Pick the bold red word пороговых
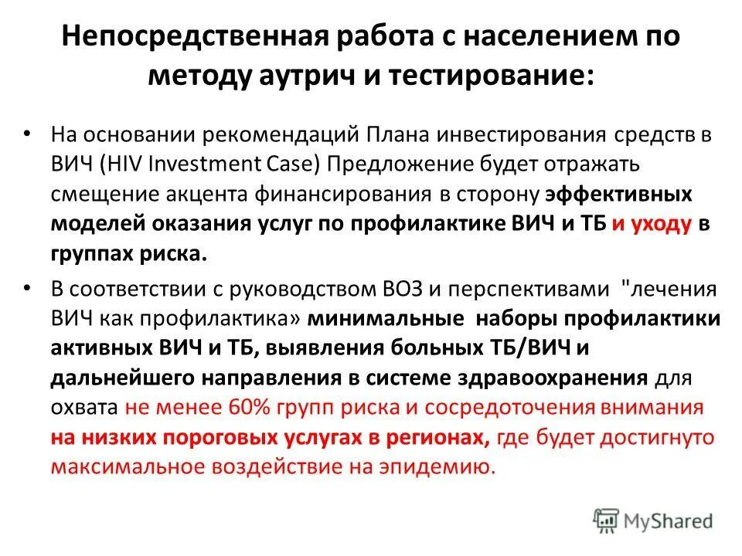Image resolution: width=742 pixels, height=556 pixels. coord(246,438)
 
